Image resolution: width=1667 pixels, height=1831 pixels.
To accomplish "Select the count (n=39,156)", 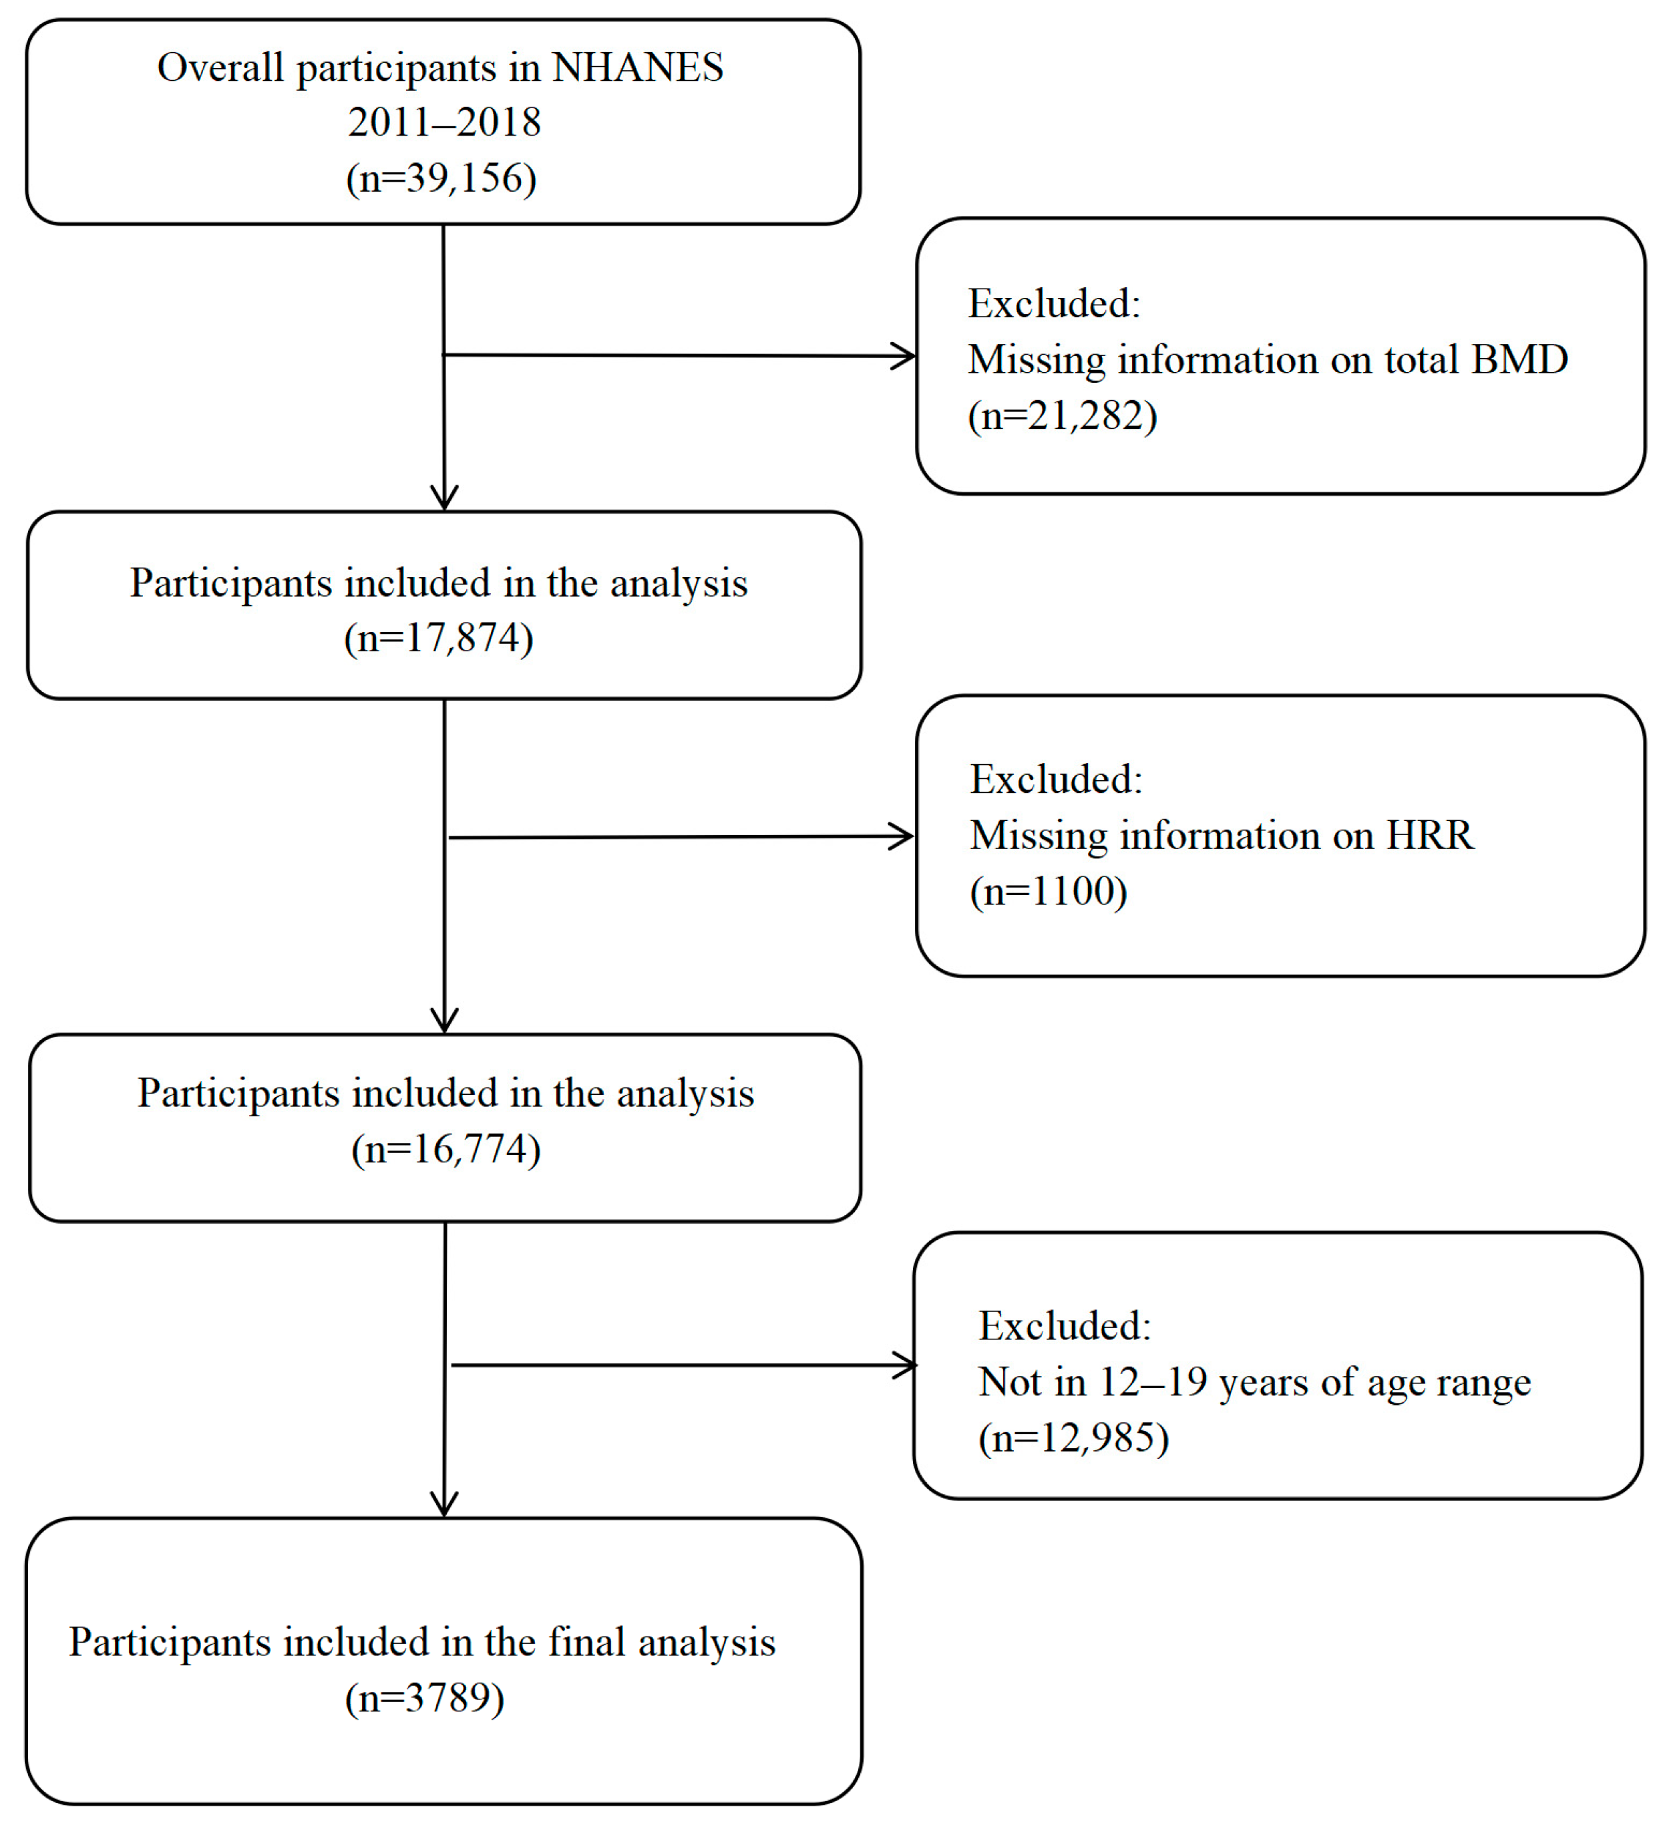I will tap(441, 178).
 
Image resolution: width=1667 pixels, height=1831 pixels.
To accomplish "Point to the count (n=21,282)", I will tap(1063, 417).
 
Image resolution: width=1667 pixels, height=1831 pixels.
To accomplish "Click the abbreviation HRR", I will tap(1429, 836).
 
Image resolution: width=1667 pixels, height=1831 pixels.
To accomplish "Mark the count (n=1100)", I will tap(1049, 892).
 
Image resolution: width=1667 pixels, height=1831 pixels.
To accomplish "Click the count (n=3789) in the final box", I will tap(424, 1698).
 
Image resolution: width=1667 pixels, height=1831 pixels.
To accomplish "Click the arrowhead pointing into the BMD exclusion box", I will tap(904, 356).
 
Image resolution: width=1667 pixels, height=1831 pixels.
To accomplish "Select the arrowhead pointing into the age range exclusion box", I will tap(906, 1366).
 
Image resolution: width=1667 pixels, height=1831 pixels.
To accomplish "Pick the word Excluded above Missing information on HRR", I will tap(1056, 780).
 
